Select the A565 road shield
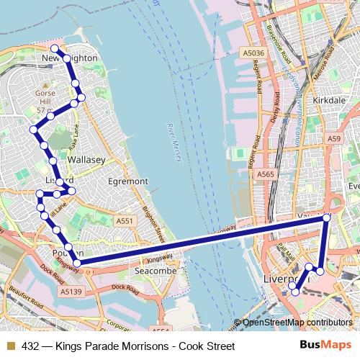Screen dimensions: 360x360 [266, 174]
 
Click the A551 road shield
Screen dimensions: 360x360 [125, 222]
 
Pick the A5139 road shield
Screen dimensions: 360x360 [71, 292]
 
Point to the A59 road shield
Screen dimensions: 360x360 [333, 138]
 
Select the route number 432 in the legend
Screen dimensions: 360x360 [30, 346]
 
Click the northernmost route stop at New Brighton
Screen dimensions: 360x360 [54, 48]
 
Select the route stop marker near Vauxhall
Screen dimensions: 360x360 [327, 217]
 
